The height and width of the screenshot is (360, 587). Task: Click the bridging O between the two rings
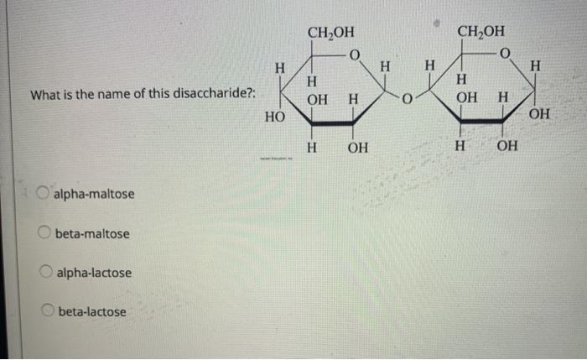tap(404, 102)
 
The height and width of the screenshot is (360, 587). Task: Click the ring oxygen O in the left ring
tap(354, 57)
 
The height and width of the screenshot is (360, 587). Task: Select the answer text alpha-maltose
tap(94, 195)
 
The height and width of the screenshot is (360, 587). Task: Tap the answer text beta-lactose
tap(92, 312)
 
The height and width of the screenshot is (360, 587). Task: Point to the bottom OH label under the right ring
tap(507, 148)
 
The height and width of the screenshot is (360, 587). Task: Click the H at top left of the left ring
tap(282, 66)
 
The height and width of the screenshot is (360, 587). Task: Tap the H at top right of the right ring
tap(537, 66)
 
